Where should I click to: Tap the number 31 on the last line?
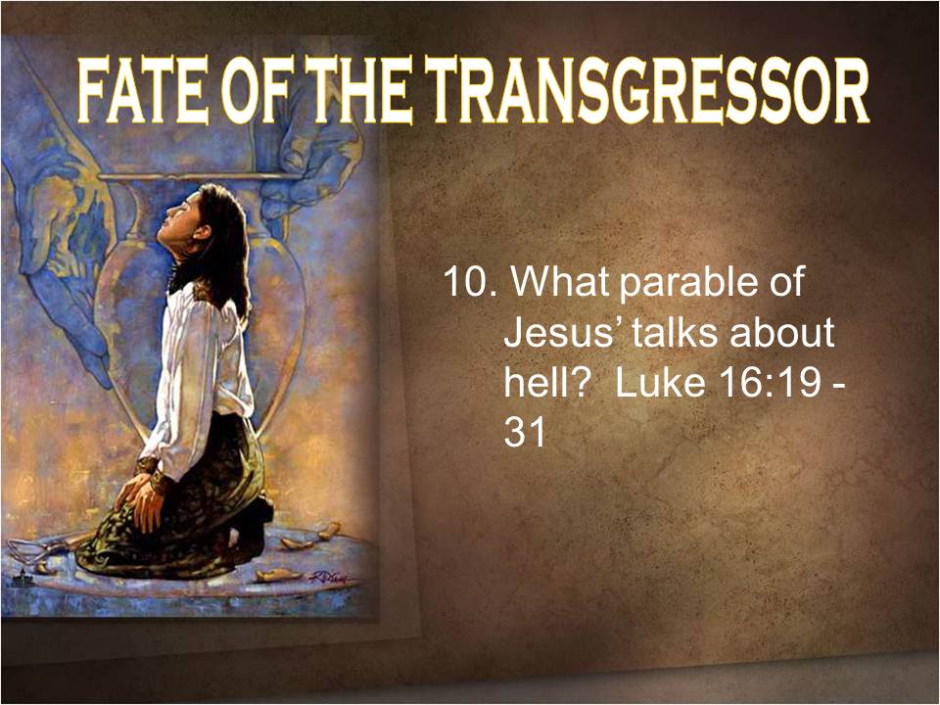pos(525,432)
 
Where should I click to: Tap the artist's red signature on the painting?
pos(331,578)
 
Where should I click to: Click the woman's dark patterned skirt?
pos(180,509)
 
